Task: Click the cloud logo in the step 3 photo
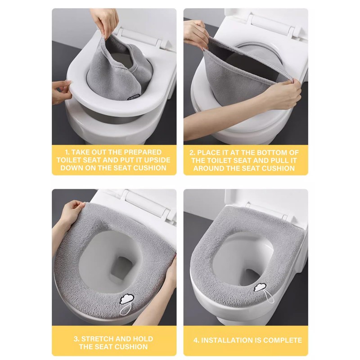click(x=127, y=299)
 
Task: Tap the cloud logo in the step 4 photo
click(x=260, y=287)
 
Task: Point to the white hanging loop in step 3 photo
click(x=126, y=309)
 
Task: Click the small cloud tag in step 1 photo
click(x=132, y=97)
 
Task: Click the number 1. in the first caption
click(x=67, y=152)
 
